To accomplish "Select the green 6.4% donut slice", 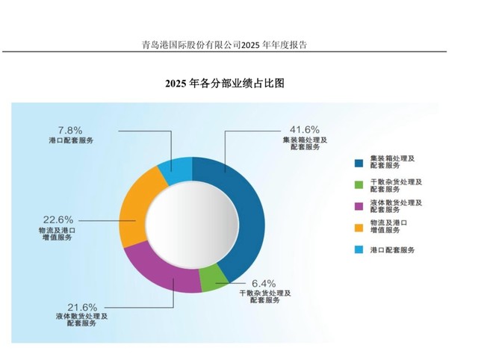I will point(214,279).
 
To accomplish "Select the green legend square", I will point(359,184).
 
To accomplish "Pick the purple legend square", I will point(359,205).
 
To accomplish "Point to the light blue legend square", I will point(359,249).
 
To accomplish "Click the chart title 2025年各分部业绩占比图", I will point(225,84).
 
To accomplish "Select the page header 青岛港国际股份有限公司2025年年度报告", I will point(225,45).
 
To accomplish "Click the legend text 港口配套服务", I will point(392,249).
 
